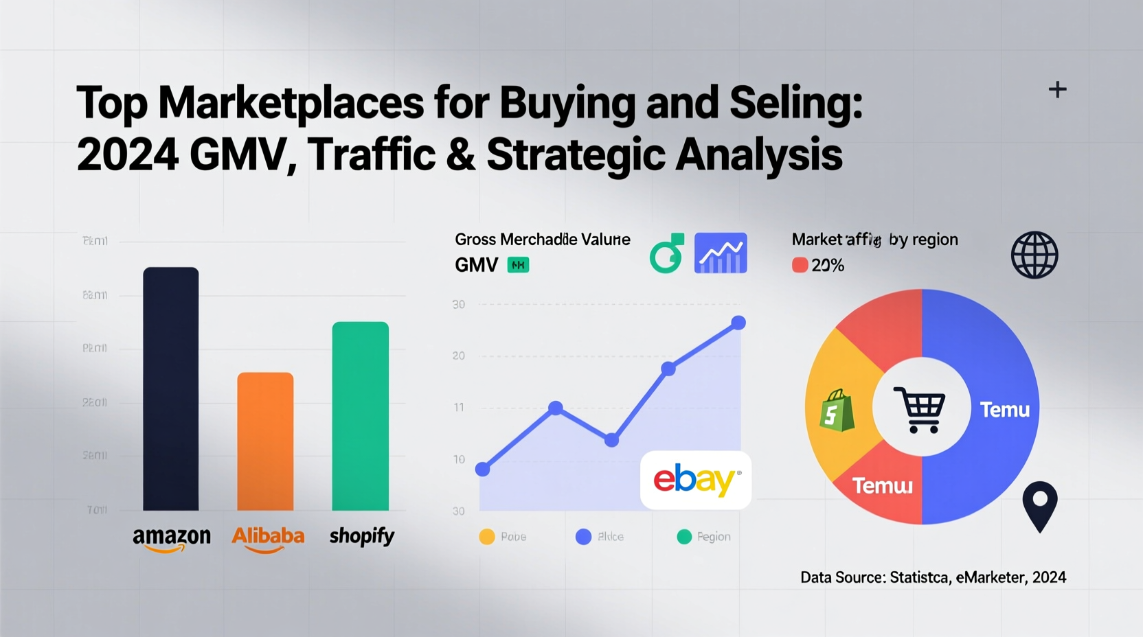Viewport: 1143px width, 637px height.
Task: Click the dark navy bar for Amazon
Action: [x=170, y=389]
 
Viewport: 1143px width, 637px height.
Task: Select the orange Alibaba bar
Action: [x=265, y=441]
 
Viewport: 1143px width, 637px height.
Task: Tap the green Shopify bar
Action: [x=360, y=416]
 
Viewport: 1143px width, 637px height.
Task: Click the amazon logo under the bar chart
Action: [x=172, y=538]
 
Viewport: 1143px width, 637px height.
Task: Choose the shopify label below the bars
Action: [x=361, y=536]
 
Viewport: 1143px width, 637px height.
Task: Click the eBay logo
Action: [x=696, y=480]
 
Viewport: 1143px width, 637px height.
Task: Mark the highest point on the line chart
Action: [x=738, y=323]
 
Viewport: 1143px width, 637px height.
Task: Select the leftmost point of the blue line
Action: [x=483, y=470]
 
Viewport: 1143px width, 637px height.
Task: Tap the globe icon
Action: [x=1034, y=255]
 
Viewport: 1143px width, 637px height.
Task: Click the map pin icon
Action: [x=1039, y=505]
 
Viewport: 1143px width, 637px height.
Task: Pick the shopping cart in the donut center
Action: [x=920, y=409]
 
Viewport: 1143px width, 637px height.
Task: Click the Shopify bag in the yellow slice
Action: [x=837, y=410]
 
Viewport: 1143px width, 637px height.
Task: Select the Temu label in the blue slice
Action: [x=1004, y=410]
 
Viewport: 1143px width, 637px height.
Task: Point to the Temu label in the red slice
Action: [x=882, y=486]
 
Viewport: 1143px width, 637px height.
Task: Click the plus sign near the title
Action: [x=1057, y=89]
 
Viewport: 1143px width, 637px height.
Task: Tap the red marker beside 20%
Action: [x=800, y=265]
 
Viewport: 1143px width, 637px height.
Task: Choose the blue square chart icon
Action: [x=721, y=253]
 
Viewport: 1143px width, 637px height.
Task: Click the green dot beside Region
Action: [x=684, y=537]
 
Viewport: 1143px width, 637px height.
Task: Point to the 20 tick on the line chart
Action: [x=459, y=356]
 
